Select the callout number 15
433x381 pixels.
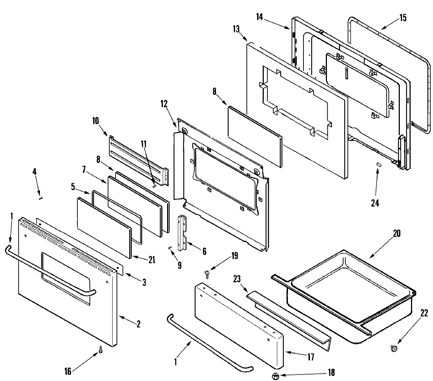click(403, 17)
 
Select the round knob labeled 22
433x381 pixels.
click(394, 348)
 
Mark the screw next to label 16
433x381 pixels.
click(101, 349)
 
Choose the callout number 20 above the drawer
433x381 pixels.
click(397, 234)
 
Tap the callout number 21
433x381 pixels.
click(152, 259)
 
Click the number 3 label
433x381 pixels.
click(144, 283)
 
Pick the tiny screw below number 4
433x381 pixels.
click(41, 197)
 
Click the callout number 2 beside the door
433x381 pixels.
click(138, 323)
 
